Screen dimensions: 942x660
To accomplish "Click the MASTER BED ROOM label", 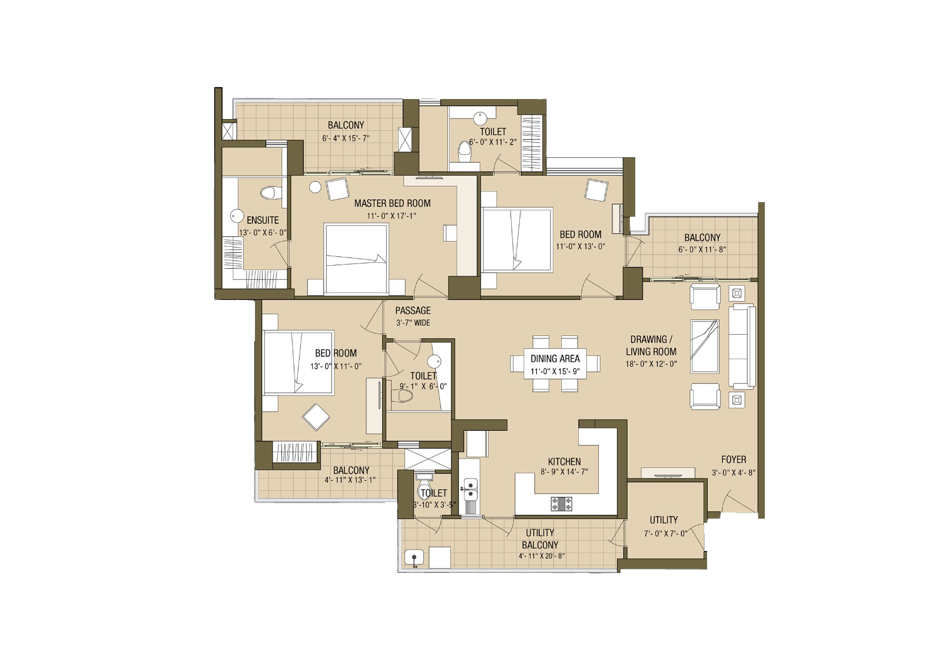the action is pos(392,203).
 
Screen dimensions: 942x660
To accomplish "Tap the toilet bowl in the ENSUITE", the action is pos(268,193).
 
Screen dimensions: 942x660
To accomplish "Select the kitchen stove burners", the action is pos(562,504).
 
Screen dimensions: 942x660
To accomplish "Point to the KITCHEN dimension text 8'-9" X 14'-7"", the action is pos(564,472).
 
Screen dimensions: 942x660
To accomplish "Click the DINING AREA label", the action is pos(555,359).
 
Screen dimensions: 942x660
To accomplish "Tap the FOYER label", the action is pos(734,460).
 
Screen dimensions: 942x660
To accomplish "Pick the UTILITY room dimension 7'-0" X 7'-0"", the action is pos(666,533).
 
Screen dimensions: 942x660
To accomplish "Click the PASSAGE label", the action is pos(413,311).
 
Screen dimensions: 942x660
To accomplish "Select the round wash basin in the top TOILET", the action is pos(480,118).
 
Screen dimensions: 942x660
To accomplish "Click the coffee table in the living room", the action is pos(705,346).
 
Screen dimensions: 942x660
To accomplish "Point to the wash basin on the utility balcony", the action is pos(414,558).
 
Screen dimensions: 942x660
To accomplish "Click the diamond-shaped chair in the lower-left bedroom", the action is pos(316,417).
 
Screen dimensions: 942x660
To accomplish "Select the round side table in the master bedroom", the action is pos(315,187).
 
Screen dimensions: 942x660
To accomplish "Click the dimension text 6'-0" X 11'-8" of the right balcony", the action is pos(702,249).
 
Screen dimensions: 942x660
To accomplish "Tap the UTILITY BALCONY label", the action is pos(540,539).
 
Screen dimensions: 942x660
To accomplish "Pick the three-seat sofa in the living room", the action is pos(742,346).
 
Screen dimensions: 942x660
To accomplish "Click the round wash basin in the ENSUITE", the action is pos(237,216).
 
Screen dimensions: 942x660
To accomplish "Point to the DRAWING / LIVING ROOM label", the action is pos(651,345).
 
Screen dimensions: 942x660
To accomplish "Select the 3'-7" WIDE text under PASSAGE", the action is pos(413,323).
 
